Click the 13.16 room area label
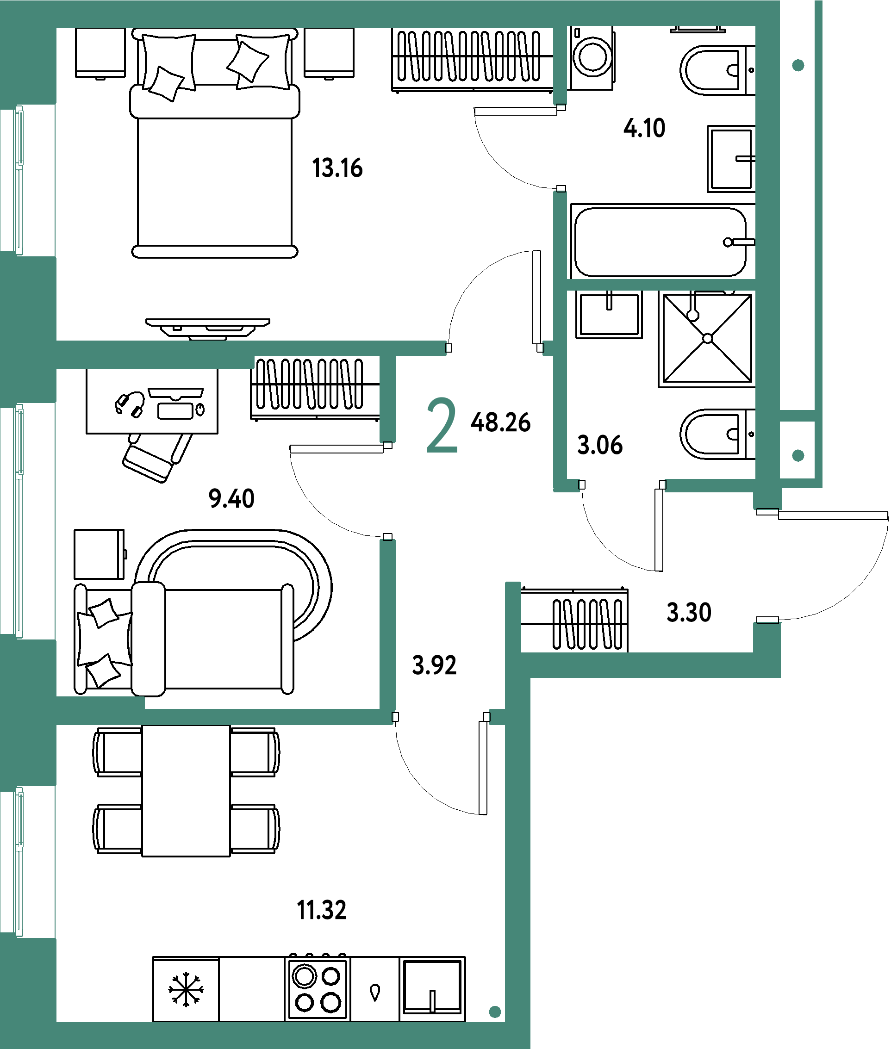pyautogui.click(x=337, y=168)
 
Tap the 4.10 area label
pyautogui.click(x=644, y=128)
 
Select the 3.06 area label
pyautogui.click(x=599, y=445)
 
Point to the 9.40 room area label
pyautogui.click(x=231, y=498)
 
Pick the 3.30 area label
pyautogui.click(x=688, y=612)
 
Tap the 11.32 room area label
pyautogui.click(x=322, y=910)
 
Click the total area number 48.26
pyautogui.click(x=500, y=422)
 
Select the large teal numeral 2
pyautogui.click(x=442, y=425)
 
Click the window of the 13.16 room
pyautogui.click(x=18, y=180)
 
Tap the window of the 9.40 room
pyautogui.click(x=18, y=521)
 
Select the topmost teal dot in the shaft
pyautogui.click(x=798, y=65)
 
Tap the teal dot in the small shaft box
pyautogui.click(x=798, y=456)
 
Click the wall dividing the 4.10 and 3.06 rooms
pyautogui.click(x=660, y=285)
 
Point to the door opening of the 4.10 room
pyautogui.click(x=560, y=148)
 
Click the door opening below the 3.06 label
pyautogui.click(x=622, y=485)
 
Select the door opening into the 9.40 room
pyautogui.click(x=387, y=491)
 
